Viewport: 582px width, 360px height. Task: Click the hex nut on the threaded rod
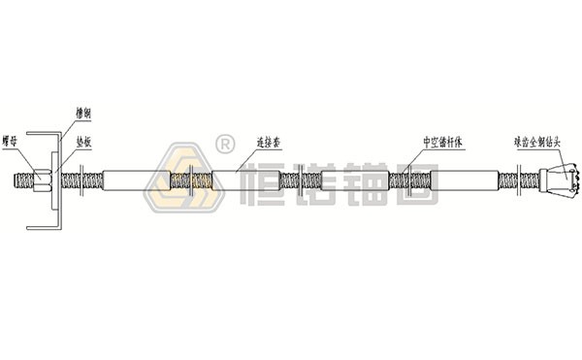pyautogui.click(x=40, y=180)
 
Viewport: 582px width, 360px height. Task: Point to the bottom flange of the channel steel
pyautogui.click(x=44, y=229)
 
